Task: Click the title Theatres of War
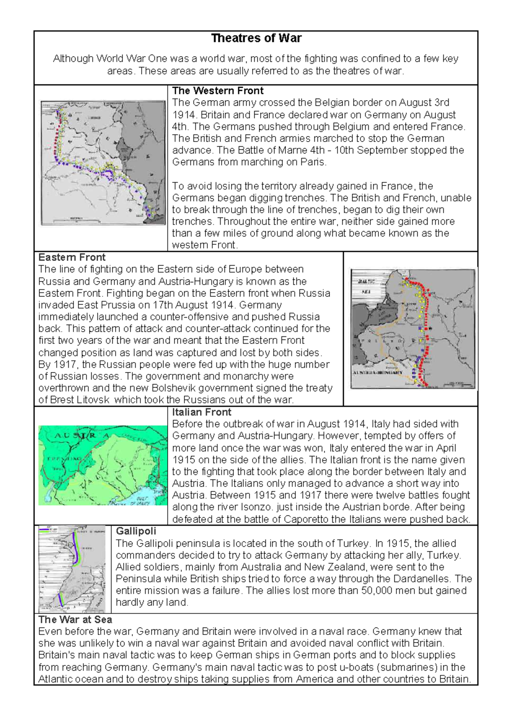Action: click(256, 38)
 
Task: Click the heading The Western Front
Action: click(218, 91)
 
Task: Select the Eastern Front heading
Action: click(72, 258)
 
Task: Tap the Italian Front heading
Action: click(201, 412)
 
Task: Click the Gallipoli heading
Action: click(136, 531)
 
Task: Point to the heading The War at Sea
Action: click(75, 620)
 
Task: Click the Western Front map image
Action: click(103, 163)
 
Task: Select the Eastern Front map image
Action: click(412, 328)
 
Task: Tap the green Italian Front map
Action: click(103, 465)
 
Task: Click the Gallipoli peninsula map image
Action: click(72, 569)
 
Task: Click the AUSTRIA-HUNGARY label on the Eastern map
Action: click(377, 372)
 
